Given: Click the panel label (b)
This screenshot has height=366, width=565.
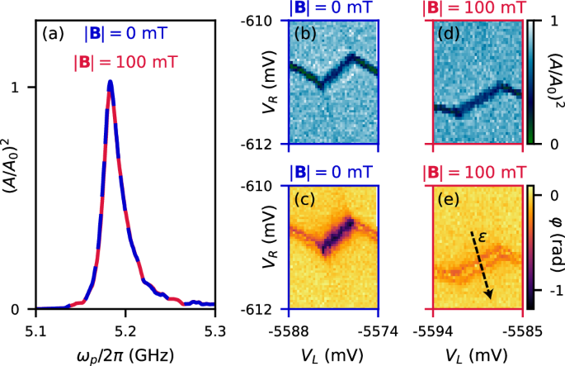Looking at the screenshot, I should (308, 35).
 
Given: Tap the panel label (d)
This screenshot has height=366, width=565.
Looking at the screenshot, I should (453, 35).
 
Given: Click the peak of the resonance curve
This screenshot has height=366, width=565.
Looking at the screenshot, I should (110, 82).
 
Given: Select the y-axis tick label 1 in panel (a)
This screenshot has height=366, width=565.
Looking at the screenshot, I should (26, 88).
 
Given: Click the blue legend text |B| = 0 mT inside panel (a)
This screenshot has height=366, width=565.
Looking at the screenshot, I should (125, 36).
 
